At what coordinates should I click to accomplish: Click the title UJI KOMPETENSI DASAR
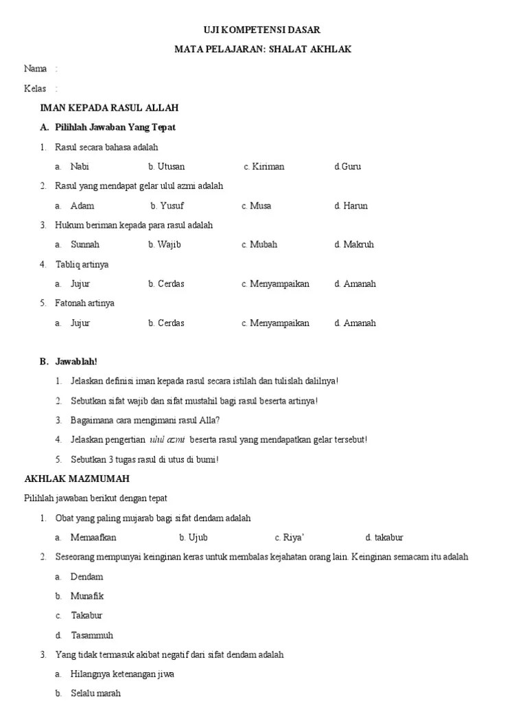(x=263, y=30)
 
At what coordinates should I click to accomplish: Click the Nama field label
(x=36, y=69)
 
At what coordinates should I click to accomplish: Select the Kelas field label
(x=35, y=89)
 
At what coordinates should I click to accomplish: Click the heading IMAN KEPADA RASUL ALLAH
(x=109, y=108)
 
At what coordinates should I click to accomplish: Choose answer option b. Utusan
(x=166, y=166)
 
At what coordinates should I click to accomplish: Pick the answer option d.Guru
(x=347, y=166)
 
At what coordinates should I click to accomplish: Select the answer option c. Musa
(x=256, y=205)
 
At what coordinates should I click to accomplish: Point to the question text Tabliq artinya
(x=82, y=264)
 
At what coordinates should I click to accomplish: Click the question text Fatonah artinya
(x=84, y=303)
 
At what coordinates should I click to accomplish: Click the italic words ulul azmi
(x=167, y=439)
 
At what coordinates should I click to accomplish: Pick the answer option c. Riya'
(x=289, y=538)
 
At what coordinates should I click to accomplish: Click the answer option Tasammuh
(x=92, y=635)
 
